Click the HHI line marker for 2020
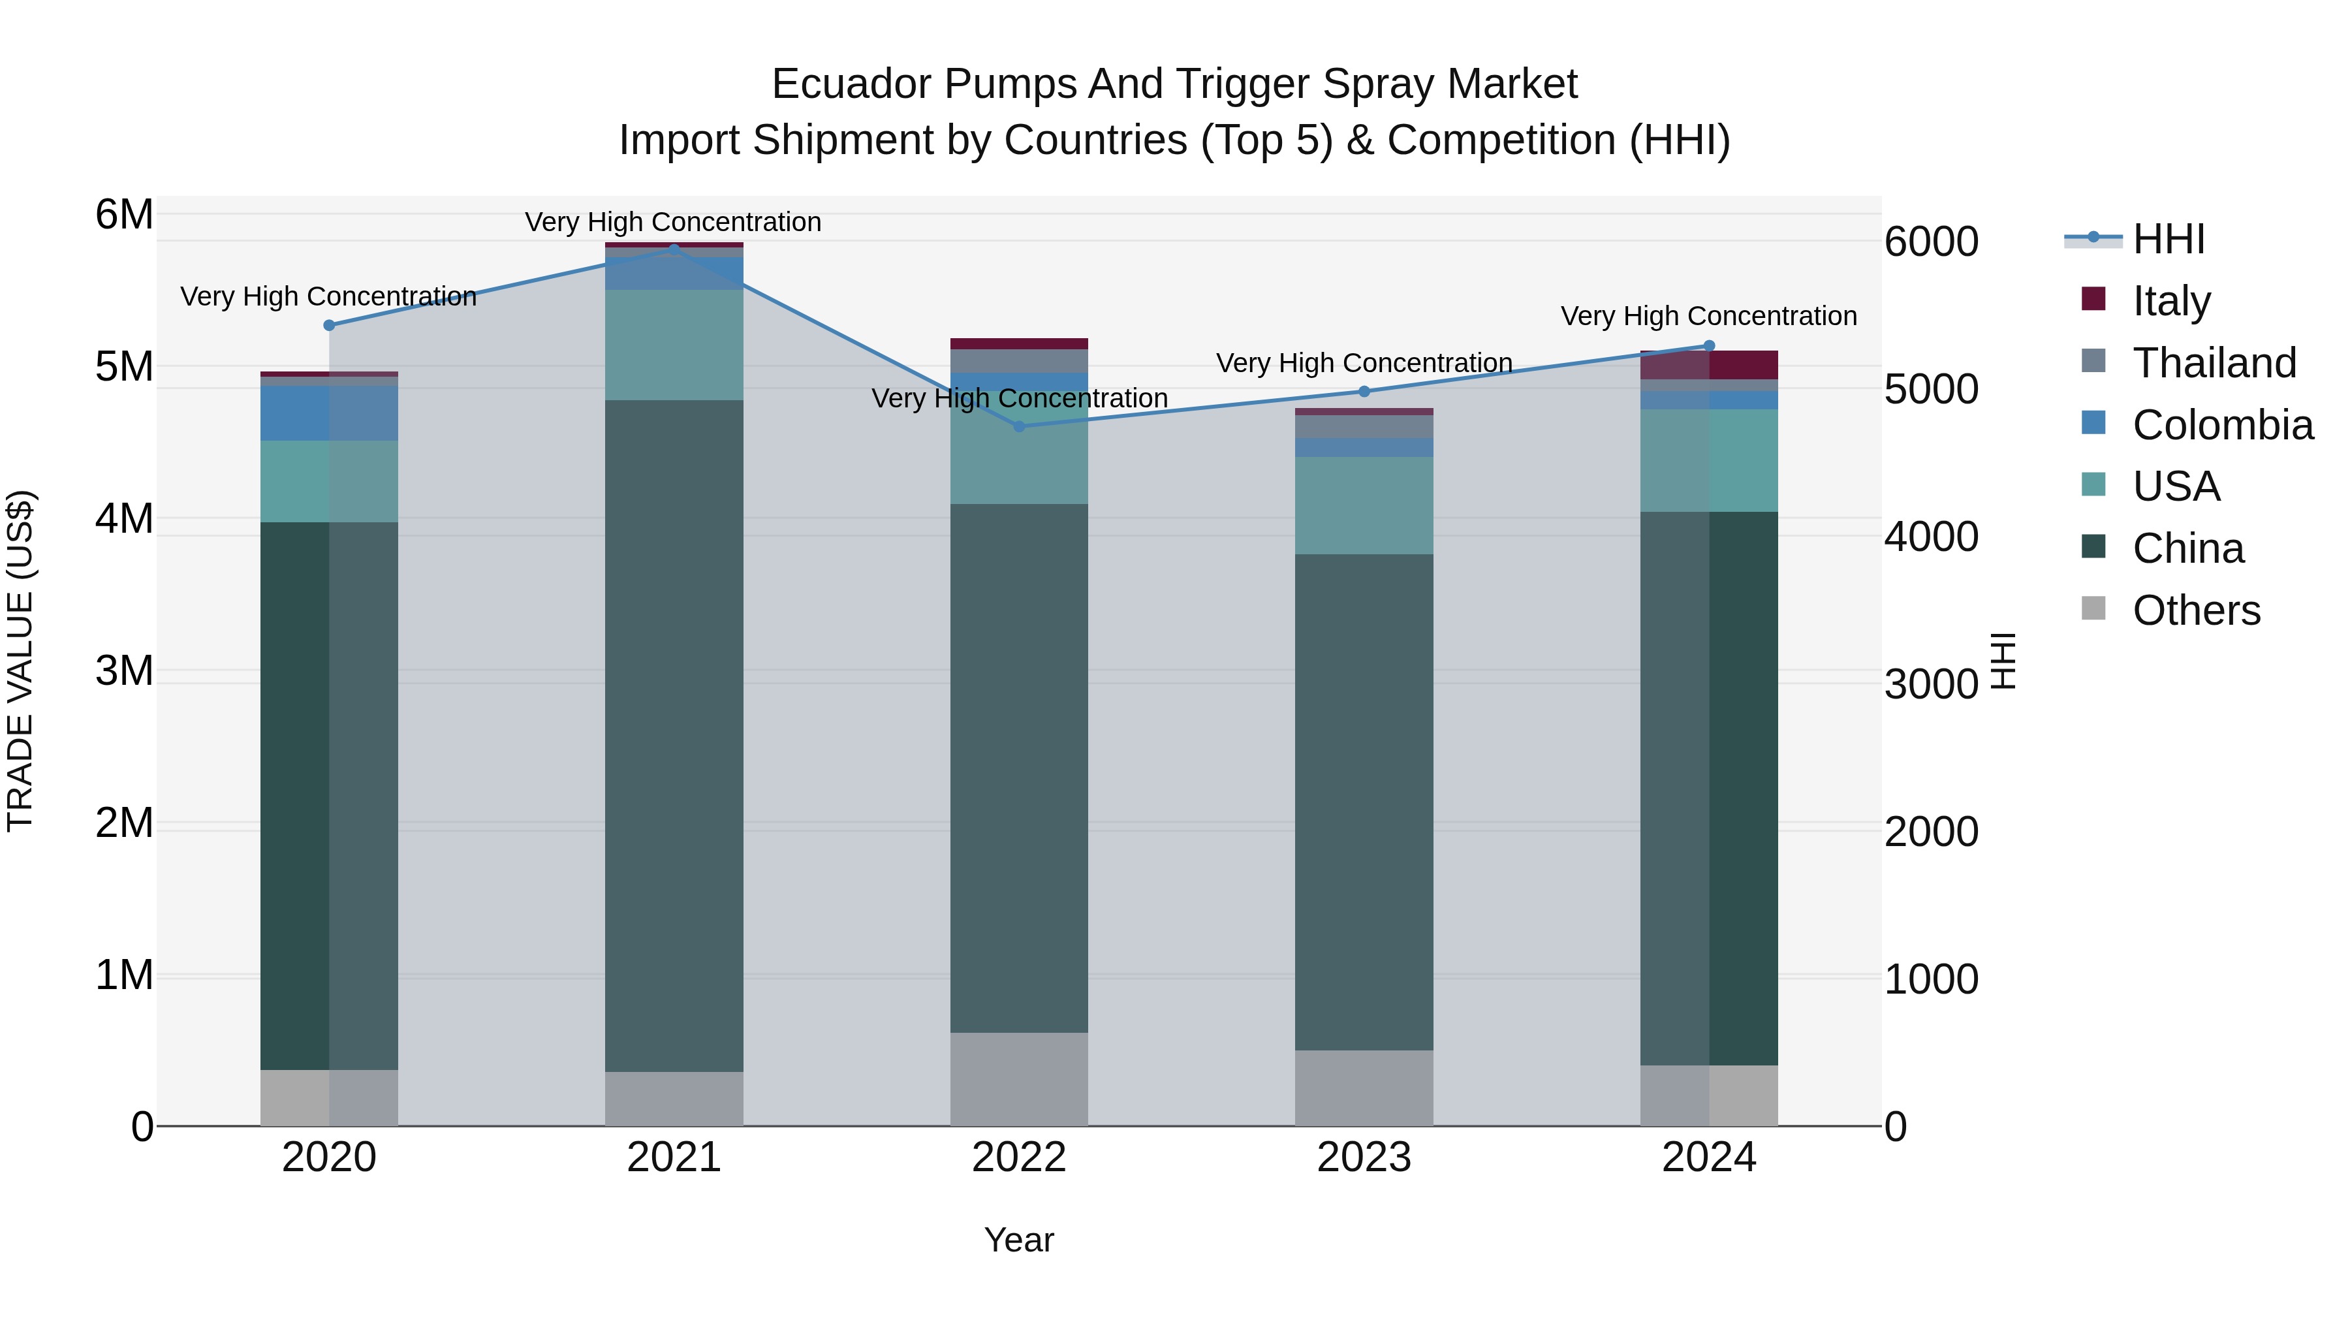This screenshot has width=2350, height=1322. coord(330,326)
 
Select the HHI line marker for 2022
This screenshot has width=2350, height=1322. coord(1019,426)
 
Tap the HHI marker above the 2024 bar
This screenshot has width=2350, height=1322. coord(1709,346)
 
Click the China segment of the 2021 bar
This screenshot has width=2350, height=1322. coord(674,735)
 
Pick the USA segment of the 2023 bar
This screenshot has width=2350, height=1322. coord(1364,505)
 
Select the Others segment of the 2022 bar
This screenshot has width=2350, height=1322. coord(1019,1079)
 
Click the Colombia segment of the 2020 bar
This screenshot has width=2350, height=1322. coord(330,413)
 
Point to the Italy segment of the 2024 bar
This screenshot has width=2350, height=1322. coord(1709,365)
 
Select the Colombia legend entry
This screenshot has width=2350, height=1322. coord(2221,425)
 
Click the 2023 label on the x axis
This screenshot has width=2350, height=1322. coord(1364,1157)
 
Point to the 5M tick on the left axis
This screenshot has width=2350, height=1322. coord(124,367)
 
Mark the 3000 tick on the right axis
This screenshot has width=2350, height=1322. coord(1930,684)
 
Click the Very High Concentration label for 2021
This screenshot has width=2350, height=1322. coord(673,222)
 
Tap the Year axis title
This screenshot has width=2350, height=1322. coord(1019,1240)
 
